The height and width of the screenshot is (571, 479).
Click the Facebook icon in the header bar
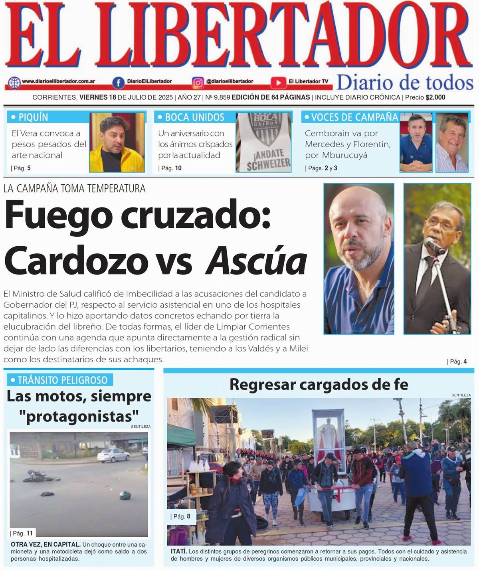(118, 83)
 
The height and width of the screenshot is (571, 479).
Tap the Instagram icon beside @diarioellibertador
(198, 83)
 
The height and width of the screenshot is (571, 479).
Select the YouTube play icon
(278, 83)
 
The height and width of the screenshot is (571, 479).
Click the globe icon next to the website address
(14, 83)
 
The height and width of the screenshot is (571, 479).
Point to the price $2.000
(435, 97)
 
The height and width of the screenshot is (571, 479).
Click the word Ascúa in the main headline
(256, 261)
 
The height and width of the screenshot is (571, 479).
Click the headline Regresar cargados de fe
(319, 385)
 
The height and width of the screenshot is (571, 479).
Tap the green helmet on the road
(125, 496)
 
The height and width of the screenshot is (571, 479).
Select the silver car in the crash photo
(113, 454)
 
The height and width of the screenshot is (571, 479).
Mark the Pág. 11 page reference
(23, 533)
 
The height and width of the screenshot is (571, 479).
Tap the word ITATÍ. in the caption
(178, 551)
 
